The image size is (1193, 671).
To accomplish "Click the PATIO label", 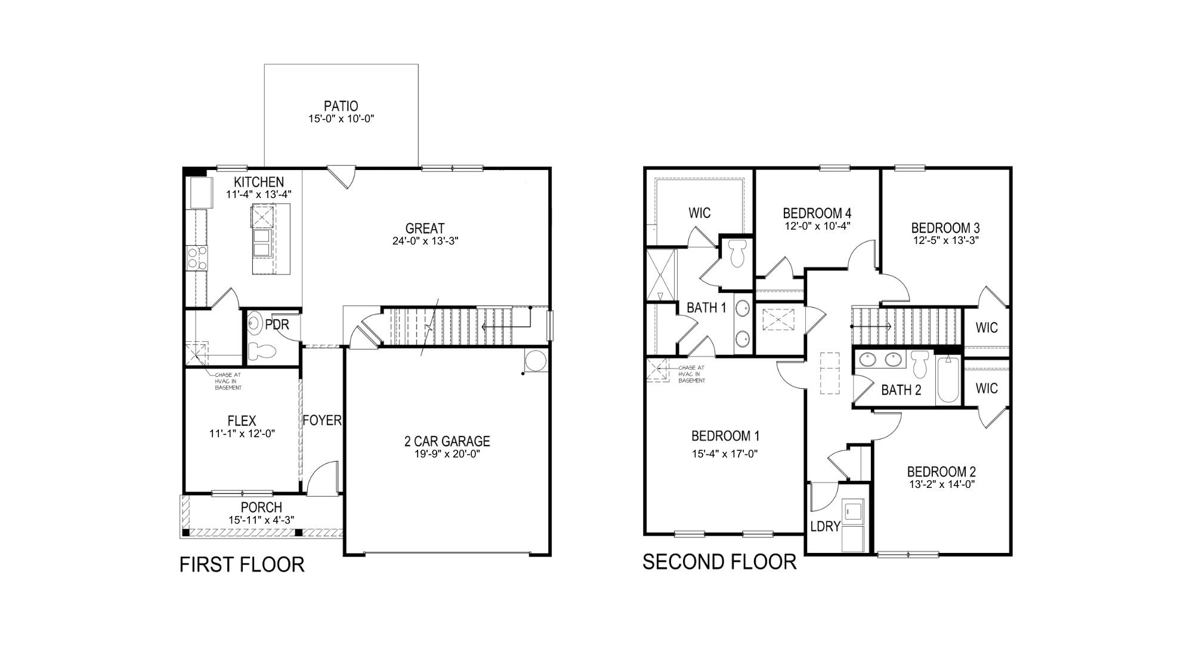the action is pyautogui.click(x=341, y=106).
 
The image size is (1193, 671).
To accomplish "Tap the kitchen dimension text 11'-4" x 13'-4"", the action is pyautogui.click(x=258, y=194).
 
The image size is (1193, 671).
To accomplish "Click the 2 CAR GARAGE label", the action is pyautogui.click(x=447, y=441).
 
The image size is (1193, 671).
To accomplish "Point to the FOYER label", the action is pyautogui.click(x=322, y=420).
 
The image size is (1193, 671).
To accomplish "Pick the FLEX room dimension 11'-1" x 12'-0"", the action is pyautogui.click(x=242, y=434).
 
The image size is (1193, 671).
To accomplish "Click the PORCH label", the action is pyautogui.click(x=261, y=507).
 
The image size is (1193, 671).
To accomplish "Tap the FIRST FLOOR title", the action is pyautogui.click(x=242, y=564).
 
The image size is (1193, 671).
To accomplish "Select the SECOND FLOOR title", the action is pyautogui.click(x=719, y=562).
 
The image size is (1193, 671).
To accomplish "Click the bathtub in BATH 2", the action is pyautogui.click(x=947, y=379).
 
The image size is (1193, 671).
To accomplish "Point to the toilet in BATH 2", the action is pyautogui.click(x=920, y=364).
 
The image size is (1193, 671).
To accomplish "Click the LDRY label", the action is pyautogui.click(x=826, y=526).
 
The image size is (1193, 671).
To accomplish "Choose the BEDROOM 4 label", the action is pyautogui.click(x=817, y=213).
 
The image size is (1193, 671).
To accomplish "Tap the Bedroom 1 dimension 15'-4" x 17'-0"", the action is pyautogui.click(x=725, y=453).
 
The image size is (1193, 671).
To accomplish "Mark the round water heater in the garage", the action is pyautogui.click(x=534, y=361).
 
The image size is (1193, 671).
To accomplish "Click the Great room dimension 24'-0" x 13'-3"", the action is pyautogui.click(x=425, y=241).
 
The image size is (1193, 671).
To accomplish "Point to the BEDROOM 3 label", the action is pyautogui.click(x=945, y=228).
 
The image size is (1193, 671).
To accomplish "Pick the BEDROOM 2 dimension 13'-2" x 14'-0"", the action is pyautogui.click(x=942, y=484).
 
